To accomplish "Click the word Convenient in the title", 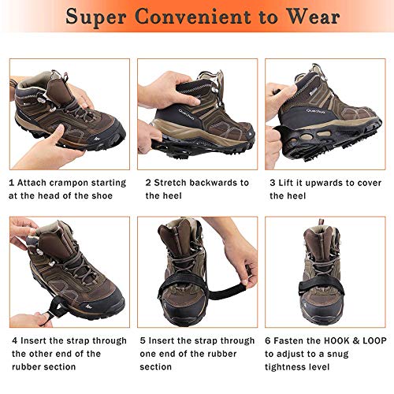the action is (192, 17).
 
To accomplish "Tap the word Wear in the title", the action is (313, 17).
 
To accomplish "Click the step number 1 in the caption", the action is (11, 183).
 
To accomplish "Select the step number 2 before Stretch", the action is (148, 183).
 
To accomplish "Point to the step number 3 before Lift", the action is (273, 183).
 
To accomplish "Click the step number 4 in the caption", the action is (15, 340).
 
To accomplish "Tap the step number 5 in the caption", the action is (143, 340).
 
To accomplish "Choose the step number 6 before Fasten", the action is (268, 340).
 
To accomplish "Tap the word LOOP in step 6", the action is (374, 340).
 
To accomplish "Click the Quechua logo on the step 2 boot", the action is (186, 114).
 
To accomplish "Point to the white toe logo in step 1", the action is (97, 138).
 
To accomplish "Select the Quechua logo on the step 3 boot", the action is (315, 111).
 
